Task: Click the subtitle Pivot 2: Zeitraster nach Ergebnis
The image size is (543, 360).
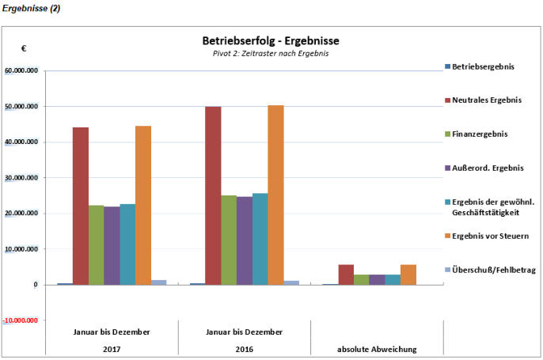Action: click(x=271, y=53)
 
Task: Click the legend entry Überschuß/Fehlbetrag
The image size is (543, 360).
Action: click(x=494, y=270)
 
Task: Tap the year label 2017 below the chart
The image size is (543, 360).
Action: click(x=112, y=349)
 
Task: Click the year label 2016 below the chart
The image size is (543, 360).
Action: click(x=244, y=349)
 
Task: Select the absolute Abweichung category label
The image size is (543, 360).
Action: click(x=377, y=349)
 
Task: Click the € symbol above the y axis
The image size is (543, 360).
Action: click(x=24, y=49)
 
